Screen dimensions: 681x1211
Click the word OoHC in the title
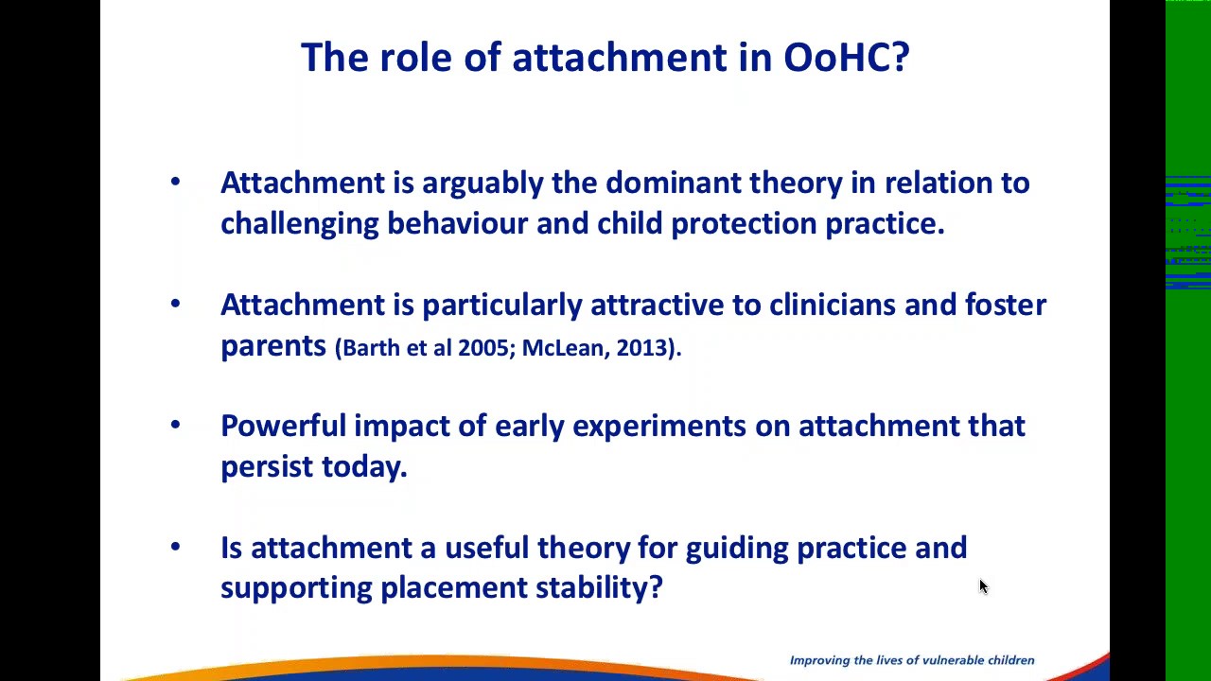835,58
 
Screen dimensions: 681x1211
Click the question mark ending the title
900,58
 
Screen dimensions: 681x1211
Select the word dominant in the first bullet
674,183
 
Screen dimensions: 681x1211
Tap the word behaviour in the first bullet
457,223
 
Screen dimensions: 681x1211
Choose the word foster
1006,305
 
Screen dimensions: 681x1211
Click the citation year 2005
483,348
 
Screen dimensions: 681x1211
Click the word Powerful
283,426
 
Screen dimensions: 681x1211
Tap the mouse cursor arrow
983,586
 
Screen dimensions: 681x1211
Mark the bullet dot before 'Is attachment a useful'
175,547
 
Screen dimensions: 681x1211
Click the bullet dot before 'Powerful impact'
175,425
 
